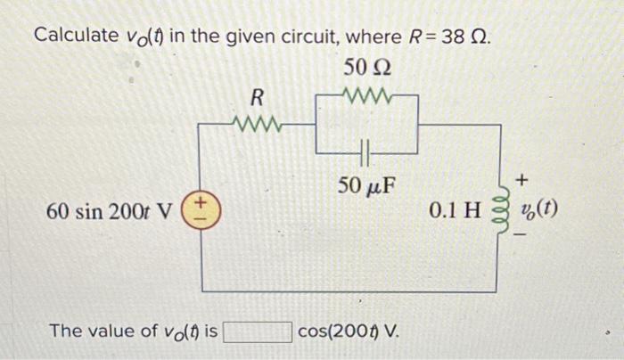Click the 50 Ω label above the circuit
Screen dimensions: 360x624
(367, 68)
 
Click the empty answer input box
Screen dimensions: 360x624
(258, 331)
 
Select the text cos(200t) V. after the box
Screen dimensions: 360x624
(349, 331)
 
